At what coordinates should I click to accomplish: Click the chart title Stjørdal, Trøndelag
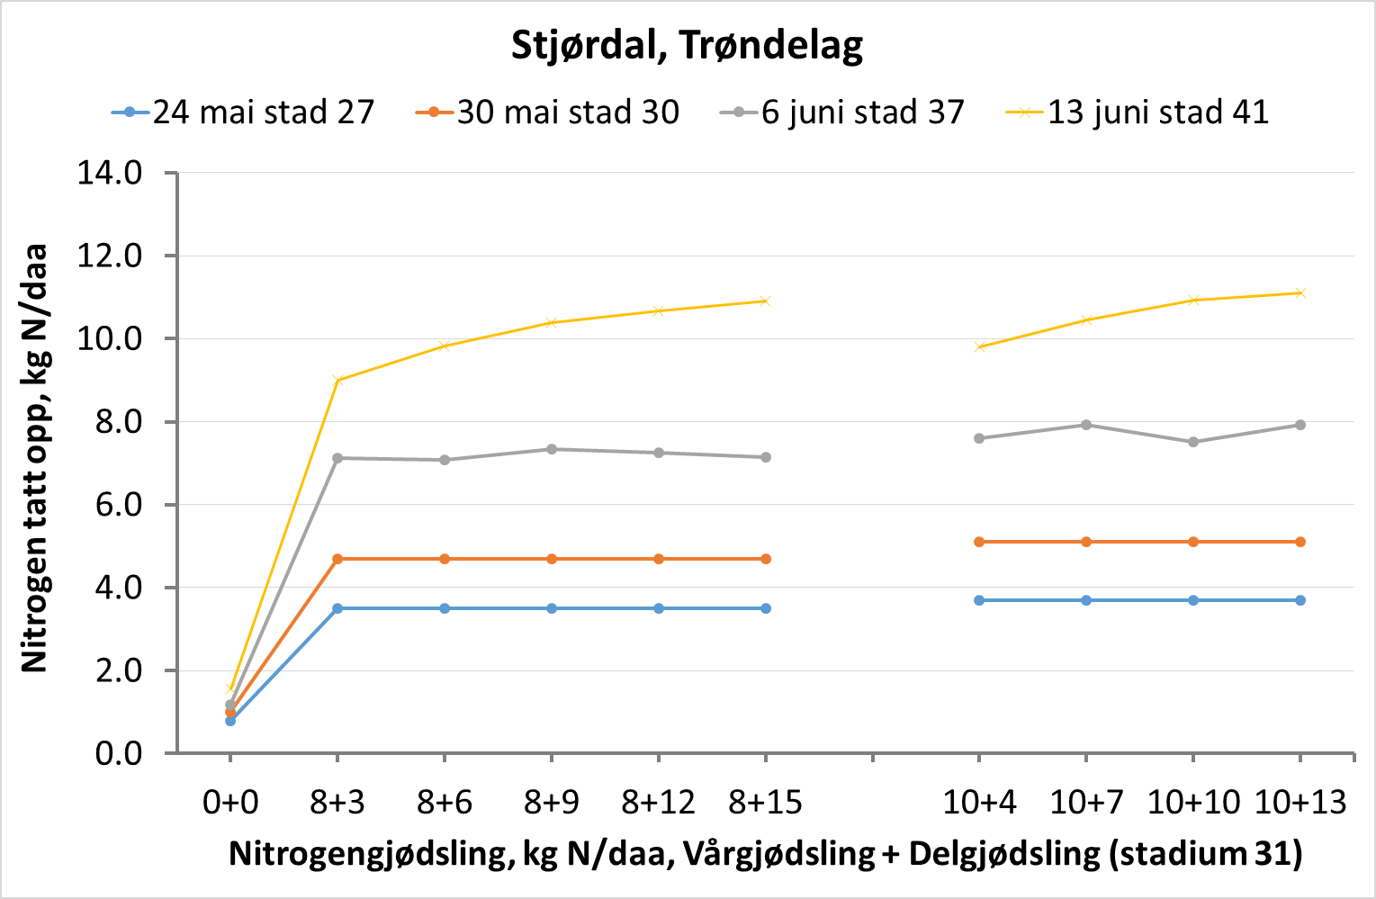tap(687, 45)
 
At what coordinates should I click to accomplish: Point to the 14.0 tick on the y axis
tap(110, 173)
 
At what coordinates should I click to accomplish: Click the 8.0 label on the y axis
tap(119, 422)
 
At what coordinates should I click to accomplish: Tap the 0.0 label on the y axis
tap(119, 753)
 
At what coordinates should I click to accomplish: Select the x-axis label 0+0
tap(230, 802)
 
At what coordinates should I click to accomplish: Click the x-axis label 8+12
tap(659, 802)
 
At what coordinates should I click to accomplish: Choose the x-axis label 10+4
tap(979, 802)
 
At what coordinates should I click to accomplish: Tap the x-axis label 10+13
tap(1300, 802)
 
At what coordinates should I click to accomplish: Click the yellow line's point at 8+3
tap(337, 381)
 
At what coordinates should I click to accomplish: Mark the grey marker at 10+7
tap(1086, 425)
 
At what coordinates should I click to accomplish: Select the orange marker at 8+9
tap(552, 559)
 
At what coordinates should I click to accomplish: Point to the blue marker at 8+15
tap(766, 608)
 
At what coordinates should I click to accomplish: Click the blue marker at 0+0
tap(230, 721)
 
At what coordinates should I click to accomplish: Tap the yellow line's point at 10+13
tap(1300, 292)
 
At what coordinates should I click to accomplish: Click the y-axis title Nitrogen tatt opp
tap(34, 459)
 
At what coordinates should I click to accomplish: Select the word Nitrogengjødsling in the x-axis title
tap(371, 853)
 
